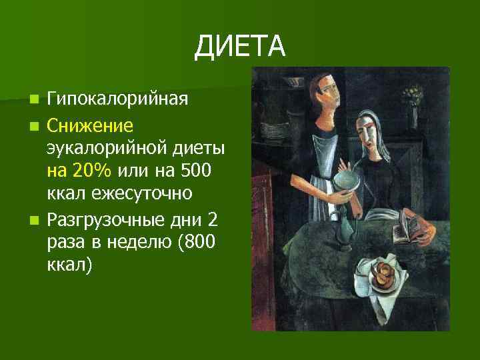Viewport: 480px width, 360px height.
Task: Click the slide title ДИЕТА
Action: pos(240,47)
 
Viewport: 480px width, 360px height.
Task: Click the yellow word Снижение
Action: pos(90,125)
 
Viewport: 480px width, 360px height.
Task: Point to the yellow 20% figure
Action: pos(93,171)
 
